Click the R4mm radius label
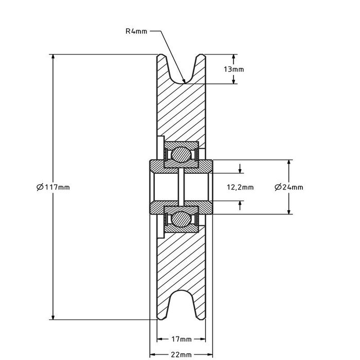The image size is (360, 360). pyautogui.click(x=136, y=31)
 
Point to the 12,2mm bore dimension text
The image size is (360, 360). pyautogui.click(x=240, y=187)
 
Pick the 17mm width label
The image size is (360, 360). pyautogui.click(x=182, y=339)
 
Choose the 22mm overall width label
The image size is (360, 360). pyautogui.click(x=182, y=355)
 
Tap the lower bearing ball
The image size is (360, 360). pyautogui.click(x=181, y=220)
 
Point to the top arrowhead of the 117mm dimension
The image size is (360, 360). pyautogui.click(x=52, y=57)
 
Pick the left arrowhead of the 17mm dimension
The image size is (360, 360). pyautogui.click(x=159, y=339)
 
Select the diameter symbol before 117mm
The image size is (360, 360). pyautogui.click(x=40, y=187)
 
